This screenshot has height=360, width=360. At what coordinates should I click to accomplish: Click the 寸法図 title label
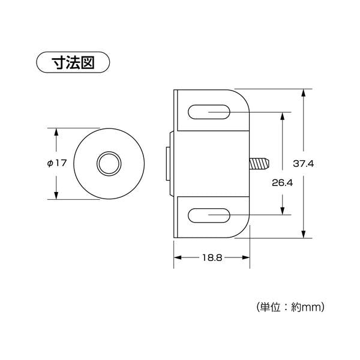click(x=73, y=62)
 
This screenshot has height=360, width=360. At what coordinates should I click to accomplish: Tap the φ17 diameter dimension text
click(x=57, y=163)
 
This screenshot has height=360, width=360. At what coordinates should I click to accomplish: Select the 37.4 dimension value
click(x=303, y=164)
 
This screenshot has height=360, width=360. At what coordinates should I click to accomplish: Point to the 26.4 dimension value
click(x=282, y=183)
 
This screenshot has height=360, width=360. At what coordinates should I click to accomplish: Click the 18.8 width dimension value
click(x=212, y=257)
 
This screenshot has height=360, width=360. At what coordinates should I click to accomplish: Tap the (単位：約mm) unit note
click(x=290, y=307)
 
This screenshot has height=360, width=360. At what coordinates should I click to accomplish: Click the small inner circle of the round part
click(x=109, y=164)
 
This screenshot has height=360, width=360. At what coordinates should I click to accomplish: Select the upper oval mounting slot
click(x=209, y=112)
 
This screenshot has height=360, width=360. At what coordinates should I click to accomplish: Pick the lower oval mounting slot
click(x=209, y=215)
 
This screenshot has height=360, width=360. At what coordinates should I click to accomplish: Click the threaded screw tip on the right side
click(x=259, y=164)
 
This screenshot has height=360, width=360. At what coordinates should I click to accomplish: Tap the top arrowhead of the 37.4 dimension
click(x=304, y=93)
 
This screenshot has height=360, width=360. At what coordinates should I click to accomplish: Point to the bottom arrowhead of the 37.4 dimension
click(x=304, y=234)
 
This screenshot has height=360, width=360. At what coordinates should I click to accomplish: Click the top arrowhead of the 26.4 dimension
click(x=283, y=116)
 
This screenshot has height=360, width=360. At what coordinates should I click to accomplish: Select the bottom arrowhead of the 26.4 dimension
click(x=283, y=211)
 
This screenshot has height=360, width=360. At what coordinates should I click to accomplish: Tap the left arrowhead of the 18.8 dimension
click(x=178, y=257)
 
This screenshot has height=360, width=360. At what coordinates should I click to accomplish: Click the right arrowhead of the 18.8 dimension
click(x=245, y=257)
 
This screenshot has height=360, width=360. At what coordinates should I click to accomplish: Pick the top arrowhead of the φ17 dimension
click(x=56, y=132)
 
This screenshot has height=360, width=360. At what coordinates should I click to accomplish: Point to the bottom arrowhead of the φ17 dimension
click(x=56, y=195)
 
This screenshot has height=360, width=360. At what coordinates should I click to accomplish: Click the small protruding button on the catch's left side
click(x=168, y=164)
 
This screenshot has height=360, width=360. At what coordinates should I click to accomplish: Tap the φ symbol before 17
click(x=50, y=163)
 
